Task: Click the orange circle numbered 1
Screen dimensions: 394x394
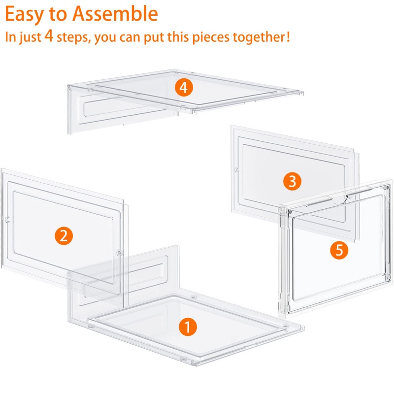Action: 188,326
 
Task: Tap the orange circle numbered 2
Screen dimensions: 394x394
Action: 64,236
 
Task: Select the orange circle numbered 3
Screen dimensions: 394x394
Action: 293,182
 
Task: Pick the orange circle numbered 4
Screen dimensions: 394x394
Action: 184,88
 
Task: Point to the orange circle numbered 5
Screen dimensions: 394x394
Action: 339,250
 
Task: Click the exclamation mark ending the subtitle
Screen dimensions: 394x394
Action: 287,37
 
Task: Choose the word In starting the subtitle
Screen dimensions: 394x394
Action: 11,37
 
